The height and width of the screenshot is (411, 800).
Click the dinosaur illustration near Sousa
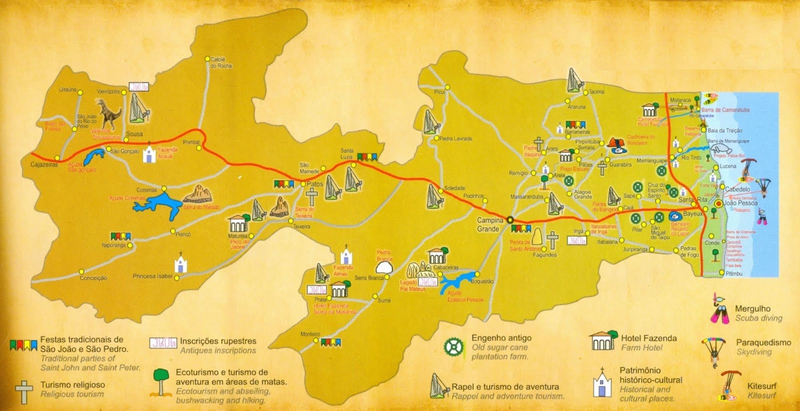click(108, 114)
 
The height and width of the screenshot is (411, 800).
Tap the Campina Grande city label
click(489, 225)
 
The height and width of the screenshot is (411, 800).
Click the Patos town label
click(315, 184)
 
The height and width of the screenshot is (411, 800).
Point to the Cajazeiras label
click(44, 164)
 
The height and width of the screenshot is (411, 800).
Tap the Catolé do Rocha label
click(221, 63)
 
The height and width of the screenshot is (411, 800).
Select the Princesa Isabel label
click(152, 276)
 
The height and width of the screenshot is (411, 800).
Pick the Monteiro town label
click(310, 334)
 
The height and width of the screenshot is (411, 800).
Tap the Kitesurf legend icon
click(730, 385)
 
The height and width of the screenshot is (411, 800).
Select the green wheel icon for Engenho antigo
click(453, 346)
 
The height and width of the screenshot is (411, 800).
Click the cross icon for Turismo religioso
click(24, 392)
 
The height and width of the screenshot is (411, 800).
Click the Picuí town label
click(439, 92)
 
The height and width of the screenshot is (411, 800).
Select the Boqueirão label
click(482, 281)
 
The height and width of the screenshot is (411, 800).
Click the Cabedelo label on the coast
click(737, 189)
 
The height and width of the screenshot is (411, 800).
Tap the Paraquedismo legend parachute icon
click(714, 349)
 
